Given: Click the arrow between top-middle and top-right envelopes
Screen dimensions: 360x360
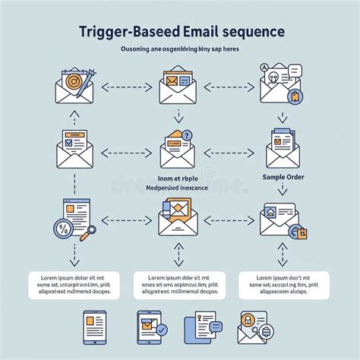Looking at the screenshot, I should (229, 87).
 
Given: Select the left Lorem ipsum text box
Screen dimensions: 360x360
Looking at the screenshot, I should (74, 286).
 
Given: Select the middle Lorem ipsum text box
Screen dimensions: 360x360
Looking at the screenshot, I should (179, 286).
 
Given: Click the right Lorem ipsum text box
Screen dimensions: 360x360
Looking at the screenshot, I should (283, 286).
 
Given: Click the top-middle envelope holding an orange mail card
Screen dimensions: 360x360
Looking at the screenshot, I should (178, 86).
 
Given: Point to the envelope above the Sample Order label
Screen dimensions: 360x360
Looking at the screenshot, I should (282, 147).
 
